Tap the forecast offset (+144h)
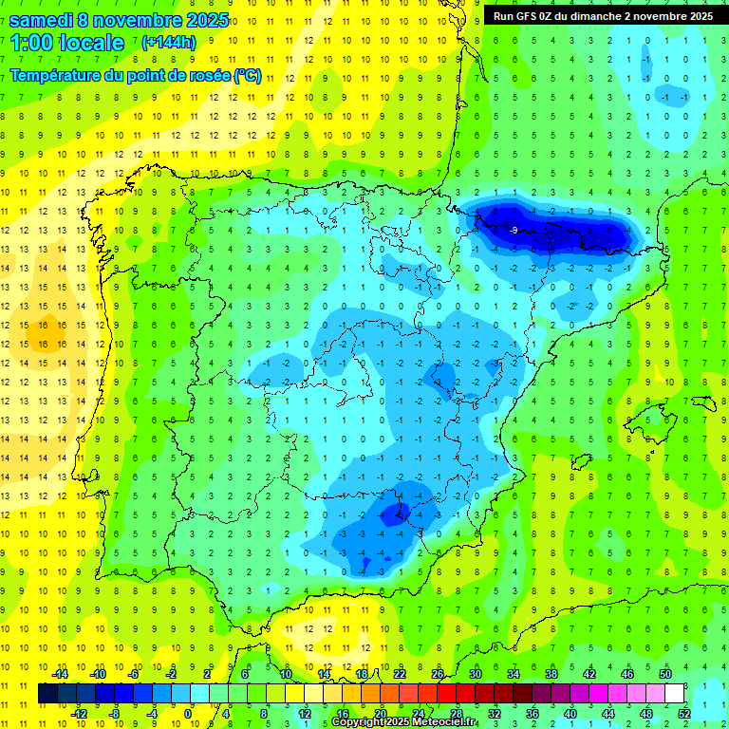coord(170,42)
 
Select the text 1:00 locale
coord(66,42)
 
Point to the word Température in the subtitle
coord(53,76)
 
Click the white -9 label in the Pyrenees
coord(513,231)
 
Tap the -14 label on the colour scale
coord(61,674)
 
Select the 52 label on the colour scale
coord(684,714)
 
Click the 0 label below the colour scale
coord(188,714)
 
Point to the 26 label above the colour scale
coord(438,674)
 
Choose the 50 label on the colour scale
coord(665,674)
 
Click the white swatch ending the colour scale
coord(675,694)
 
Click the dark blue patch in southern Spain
coord(393,514)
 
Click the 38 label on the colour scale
coord(551,674)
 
